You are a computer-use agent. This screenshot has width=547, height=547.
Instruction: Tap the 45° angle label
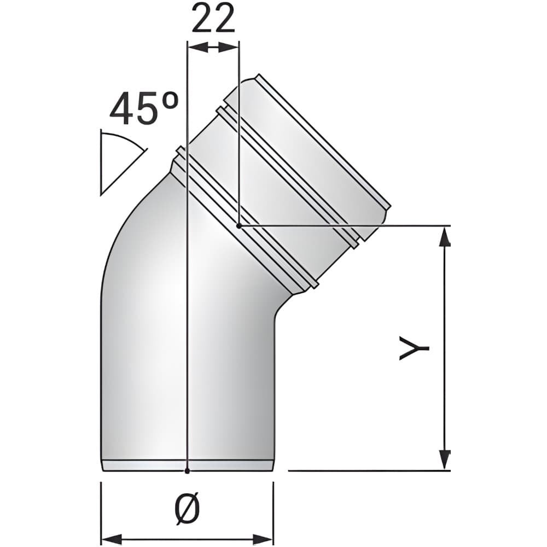tap(144, 108)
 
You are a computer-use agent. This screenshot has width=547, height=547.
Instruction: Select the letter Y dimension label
tap(414, 348)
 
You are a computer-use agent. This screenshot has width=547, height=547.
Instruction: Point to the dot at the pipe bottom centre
tap(187, 471)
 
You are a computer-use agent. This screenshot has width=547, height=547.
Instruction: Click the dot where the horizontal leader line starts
tap(238, 226)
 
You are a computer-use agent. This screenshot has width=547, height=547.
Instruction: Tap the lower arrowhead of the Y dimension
tap(444, 460)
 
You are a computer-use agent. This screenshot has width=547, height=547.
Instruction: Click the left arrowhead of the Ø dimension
tap(111, 539)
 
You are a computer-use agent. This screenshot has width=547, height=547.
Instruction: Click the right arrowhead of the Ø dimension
tap(263, 539)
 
